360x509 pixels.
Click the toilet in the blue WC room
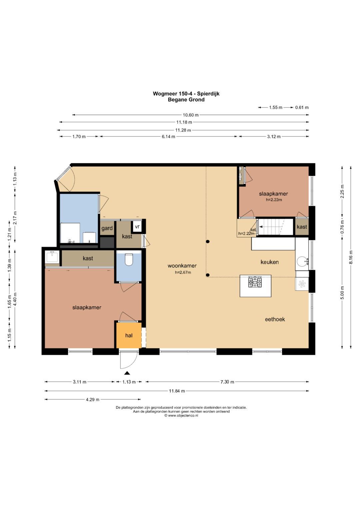[x=129, y=259]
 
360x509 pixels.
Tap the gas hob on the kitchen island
[x=255, y=282]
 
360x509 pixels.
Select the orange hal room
[x=129, y=335]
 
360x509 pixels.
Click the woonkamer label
[x=182, y=266]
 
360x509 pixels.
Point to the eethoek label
[x=275, y=319]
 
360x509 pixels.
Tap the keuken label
[x=270, y=262]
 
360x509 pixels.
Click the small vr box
[x=137, y=227]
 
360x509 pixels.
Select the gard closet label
[x=107, y=228]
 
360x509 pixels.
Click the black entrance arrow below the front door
[x=127, y=373]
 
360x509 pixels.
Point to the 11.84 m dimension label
[x=177, y=391]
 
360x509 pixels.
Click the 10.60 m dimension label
[x=190, y=115]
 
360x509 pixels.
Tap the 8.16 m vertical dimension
[x=351, y=257]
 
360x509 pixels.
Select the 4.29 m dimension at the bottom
[x=93, y=399]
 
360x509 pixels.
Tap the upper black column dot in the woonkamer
[x=208, y=242]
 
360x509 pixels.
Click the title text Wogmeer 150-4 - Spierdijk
[x=186, y=94]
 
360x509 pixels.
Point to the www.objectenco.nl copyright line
[x=181, y=415]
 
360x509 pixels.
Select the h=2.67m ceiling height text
[x=183, y=272]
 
